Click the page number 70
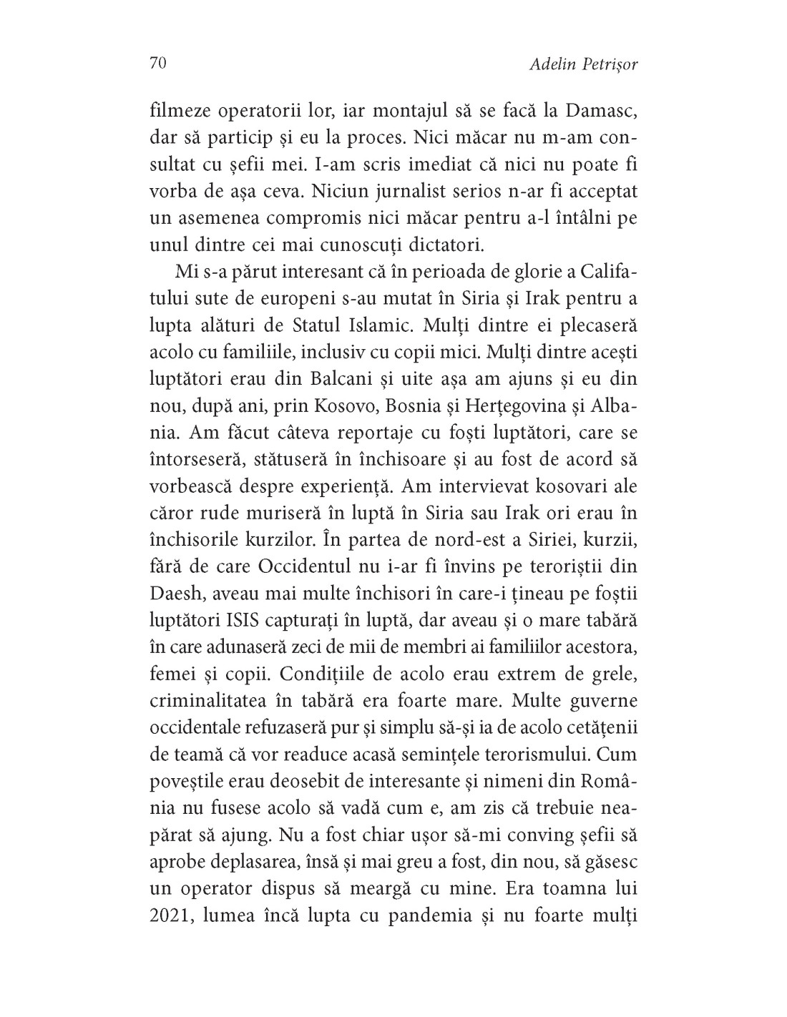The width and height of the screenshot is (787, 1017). [x=158, y=64]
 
